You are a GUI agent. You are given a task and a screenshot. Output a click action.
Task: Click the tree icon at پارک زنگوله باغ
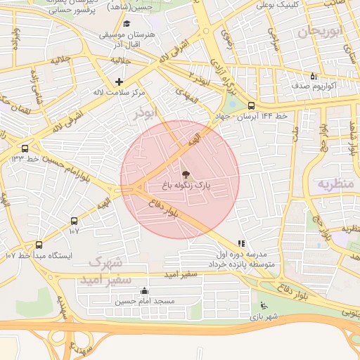coord(186,174)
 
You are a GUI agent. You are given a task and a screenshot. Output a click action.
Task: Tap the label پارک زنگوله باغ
coord(186,186)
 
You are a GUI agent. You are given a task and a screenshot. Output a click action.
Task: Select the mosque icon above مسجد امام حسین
coord(145,290)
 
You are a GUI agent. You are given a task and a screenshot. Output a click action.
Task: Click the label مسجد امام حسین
coord(145,301)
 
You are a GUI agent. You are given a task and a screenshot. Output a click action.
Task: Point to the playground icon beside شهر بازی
coord(264,306)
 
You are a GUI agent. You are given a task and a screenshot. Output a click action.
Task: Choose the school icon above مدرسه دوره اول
coord(242,243)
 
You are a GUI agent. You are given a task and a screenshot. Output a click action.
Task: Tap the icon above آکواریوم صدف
coord(314,76)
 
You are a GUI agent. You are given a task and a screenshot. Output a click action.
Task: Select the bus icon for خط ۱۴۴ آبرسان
coord(251,105)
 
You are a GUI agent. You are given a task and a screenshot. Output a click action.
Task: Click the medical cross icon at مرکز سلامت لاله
coord(119,82)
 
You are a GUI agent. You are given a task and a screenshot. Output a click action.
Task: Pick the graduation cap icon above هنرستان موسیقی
coord(127,23)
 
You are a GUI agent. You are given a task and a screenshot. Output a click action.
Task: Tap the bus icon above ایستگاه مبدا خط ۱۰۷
coord(39,245)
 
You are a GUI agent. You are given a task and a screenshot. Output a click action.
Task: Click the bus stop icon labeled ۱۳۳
coord(25,148)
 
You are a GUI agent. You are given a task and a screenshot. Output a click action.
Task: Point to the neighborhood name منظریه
coord(333,184)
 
